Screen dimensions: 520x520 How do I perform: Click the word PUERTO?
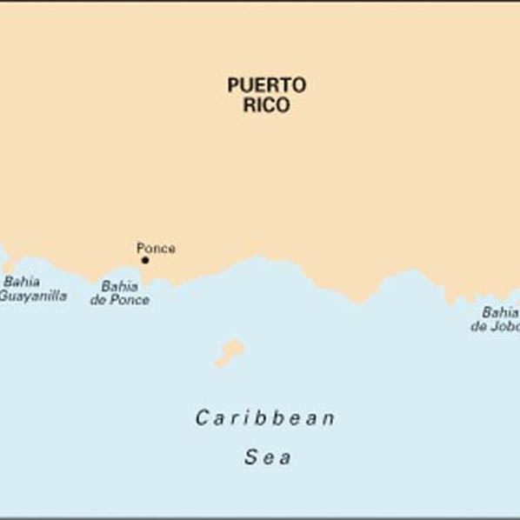click(266, 85)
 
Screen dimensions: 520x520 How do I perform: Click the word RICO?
click(267, 106)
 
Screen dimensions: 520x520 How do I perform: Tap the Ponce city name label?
click(156, 248)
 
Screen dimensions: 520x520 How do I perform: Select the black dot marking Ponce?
click(145, 260)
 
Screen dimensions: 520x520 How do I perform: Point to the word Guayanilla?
click(33, 296)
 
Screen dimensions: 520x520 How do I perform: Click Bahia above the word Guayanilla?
click(21, 282)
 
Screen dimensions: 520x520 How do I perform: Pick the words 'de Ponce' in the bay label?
click(119, 300)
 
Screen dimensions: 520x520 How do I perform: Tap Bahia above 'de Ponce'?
click(119, 286)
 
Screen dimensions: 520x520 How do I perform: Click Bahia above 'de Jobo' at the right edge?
click(499, 312)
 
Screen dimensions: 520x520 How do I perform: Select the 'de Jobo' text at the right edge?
click(495, 327)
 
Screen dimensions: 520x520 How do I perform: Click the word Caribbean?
click(264, 418)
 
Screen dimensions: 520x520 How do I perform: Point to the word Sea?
click(267, 457)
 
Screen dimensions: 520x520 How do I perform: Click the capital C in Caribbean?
click(202, 418)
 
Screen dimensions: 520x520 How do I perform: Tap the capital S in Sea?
click(250, 457)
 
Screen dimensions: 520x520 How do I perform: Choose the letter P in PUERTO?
click(233, 85)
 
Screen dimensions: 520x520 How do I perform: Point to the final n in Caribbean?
click(328, 419)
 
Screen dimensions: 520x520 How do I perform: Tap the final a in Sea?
click(285, 458)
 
